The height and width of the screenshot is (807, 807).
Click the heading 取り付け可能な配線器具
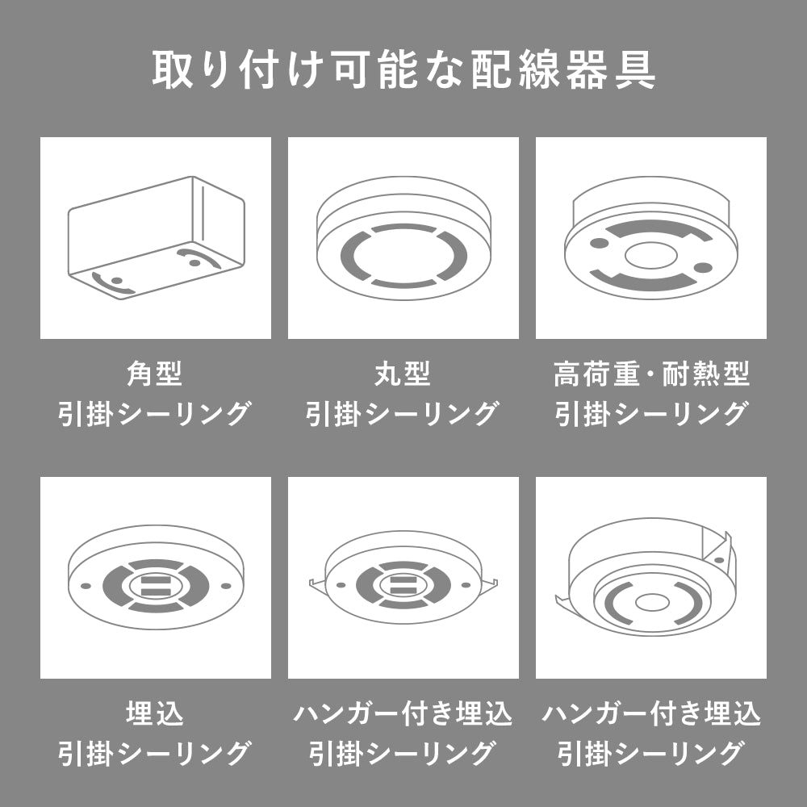click(403, 71)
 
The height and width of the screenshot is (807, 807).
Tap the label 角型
click(155, 374)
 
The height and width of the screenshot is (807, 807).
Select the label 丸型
click(403, 374)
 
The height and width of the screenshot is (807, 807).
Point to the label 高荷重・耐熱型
click(651, 374)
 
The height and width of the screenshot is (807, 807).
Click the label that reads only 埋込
click(155, 714)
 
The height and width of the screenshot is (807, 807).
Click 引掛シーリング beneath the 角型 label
click(155, 414)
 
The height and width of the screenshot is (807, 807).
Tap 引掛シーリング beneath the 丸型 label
click(403, 414)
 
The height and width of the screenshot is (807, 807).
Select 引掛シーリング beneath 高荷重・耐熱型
click(651, 414)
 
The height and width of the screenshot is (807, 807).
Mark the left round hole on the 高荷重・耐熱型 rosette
click(600, 243)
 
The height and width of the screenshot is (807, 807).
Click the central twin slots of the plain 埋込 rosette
click(155, 585)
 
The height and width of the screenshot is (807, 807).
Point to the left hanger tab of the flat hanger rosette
click(317, 583)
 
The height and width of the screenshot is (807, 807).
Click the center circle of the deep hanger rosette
click(650, 602)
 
